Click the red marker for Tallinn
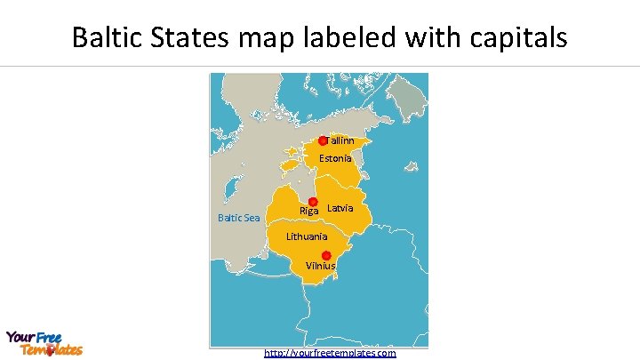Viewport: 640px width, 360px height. [323, 141]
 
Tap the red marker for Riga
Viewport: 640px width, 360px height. [313, 202]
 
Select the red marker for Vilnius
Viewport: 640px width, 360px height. [326, 255]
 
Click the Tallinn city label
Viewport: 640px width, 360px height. [340, 140]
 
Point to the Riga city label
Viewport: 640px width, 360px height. [308, 212]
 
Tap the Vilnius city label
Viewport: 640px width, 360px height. [321, 266]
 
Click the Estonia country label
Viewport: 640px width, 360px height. [335, 158]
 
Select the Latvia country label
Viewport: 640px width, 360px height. [340, 208]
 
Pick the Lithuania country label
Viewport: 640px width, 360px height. [307, 236]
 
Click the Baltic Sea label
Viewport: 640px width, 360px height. [239, 218]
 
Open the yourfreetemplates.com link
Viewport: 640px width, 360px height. [330, 353]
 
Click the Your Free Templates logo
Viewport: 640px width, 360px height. [44, 343]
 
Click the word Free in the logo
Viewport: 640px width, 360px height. [48, 337]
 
